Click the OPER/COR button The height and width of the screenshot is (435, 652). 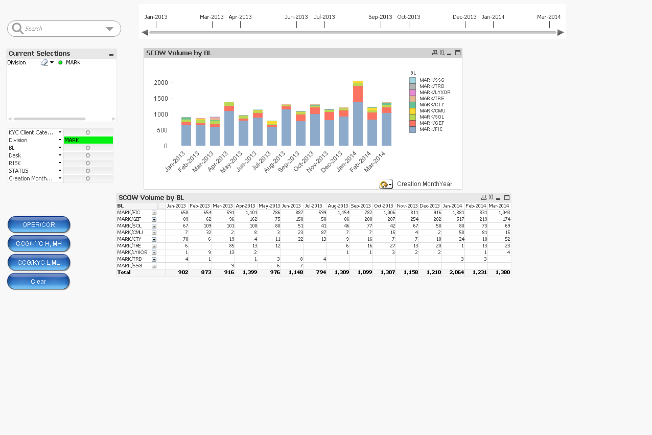38,225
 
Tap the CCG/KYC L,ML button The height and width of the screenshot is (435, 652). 38,263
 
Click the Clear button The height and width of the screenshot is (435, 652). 38,282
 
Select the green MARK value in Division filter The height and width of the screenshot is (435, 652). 88,140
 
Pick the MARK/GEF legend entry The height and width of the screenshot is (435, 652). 431,123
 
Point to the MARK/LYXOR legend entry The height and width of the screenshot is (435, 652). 434,93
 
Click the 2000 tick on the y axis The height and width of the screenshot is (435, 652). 161,83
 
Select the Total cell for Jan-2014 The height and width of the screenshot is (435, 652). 453,272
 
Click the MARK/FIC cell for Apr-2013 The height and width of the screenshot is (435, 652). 246,213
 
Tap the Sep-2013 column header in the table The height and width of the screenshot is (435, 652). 361,206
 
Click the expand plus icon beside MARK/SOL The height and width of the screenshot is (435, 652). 154,226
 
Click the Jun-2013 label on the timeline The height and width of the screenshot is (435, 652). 296,17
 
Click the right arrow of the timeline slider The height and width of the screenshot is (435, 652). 561,33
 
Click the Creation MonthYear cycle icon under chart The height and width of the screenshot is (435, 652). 385,185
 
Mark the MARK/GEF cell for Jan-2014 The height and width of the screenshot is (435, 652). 453,219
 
